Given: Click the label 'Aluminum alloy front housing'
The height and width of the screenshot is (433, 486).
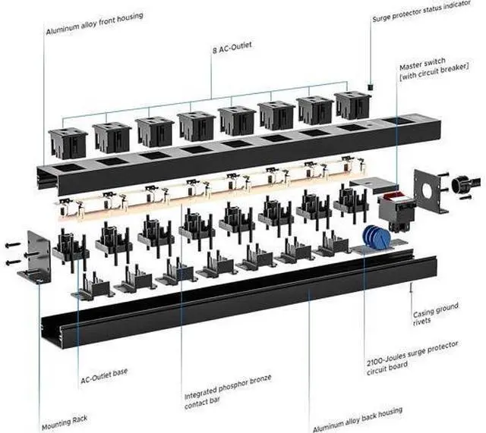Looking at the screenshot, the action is tap(94, 24).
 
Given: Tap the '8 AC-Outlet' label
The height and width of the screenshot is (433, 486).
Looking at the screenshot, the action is tap(232, 48).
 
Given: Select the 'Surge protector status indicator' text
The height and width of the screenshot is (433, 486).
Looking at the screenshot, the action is tap(421, 11).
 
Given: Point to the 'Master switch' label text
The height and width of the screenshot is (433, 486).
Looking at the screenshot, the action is tap(422, 63).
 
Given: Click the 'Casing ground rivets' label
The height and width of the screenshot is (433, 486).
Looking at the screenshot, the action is tap(435, 314).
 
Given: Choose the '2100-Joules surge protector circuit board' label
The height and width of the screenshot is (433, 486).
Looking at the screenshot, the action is tap(412, 358).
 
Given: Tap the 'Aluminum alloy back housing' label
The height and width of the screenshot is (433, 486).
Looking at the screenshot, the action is tap(358, 419).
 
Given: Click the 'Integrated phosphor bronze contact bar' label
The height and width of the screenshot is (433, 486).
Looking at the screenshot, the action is tap(228, 391).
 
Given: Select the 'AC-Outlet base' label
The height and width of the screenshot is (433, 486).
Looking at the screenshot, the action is tap(104, 375).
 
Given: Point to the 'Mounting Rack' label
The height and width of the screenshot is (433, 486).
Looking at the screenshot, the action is tap(65, 422).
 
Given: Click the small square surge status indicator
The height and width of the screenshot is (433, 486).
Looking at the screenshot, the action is tap(370, 86).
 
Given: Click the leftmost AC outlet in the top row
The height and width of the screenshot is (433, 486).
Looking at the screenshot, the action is tap(68, 143).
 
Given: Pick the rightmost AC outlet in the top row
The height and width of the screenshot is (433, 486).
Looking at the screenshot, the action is tap(352, 105).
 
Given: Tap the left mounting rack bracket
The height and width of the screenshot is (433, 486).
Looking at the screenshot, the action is tap(34, 258).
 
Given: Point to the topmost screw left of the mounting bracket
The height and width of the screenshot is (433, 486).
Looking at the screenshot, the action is tap(13, 245).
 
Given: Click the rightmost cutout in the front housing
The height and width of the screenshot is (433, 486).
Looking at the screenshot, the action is tap(396, 121).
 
